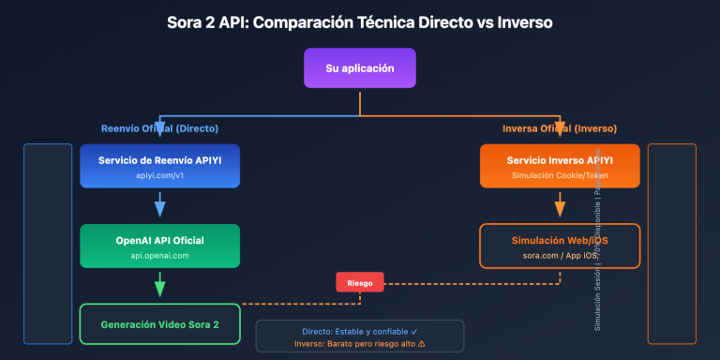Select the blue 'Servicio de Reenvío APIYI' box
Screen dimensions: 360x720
pyautogui.click(x=159, y=166)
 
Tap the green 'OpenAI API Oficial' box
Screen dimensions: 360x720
pyautogui.click(x=159, y=247)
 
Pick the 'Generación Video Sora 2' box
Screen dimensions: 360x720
pyautogui.click(x=159, y=324)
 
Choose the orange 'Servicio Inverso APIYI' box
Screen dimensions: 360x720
pyautogui.click(x=560, y=166)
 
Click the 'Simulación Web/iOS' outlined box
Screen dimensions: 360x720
pyautogui.click(x=560, y=247)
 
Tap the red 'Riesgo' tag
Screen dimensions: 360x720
pyautogui.click(x=360, y=282)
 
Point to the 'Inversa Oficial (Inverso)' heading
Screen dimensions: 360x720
pyautogui.click(x=560, y=128)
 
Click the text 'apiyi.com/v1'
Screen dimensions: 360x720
pyautogui.click(x=159, y=175)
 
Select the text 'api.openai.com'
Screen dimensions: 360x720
pyautogui.click(x=159, y=255)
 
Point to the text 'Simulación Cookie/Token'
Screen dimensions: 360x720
pyautogui.click(x=560, y=175)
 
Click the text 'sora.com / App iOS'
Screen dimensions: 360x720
pyautogui.click(x=560, y=255)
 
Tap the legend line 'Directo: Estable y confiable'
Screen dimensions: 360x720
pyautogui.click(x=360, y=330)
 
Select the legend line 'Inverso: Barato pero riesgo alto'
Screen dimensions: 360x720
pyautogui.click(x=360, y=343)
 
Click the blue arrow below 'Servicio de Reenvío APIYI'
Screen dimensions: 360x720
pyautogui.click(x=159, y=204)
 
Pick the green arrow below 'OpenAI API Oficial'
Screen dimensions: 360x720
pyautogui.click(x=159, y=284)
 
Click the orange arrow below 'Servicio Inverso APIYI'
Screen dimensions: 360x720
pyautogui.click(x=560, y=204)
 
